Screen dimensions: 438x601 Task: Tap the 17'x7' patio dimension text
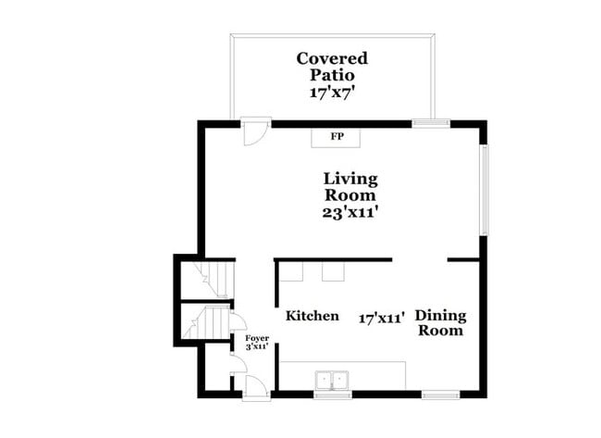click(332, 93)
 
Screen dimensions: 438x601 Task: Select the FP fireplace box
click(337, 137)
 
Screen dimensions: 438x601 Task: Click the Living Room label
click(350, 187)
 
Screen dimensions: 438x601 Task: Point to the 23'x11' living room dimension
click(350, 212)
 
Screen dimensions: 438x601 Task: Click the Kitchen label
click(312, 316)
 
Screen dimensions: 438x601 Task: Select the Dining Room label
click(439, 322)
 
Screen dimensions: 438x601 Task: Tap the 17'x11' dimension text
click(383, 318)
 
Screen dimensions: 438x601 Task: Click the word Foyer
click(257, 338)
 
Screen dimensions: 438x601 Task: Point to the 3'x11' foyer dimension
click(257, 347)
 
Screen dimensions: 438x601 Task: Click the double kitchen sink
click(331, 380)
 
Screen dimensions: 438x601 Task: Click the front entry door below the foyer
click(255, 389)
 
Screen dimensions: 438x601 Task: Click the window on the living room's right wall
click(483, 189)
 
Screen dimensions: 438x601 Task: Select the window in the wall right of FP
click(430, 121)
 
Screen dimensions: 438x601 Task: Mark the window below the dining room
click(440, 394)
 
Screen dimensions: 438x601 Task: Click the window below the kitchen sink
click(332, 394)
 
